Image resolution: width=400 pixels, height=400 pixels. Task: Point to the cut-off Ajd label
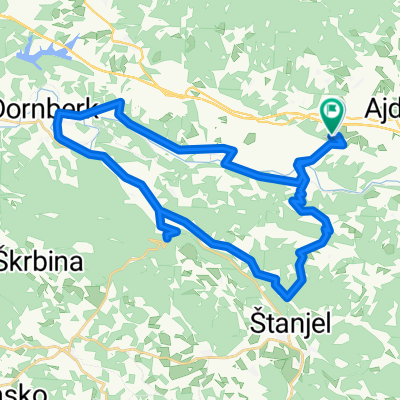coord(381,106)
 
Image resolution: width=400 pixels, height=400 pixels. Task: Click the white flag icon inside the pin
coord(331,111)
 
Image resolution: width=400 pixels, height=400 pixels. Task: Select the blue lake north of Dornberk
coord(45,50)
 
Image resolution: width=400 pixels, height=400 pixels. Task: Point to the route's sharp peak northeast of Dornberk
coord(121,102)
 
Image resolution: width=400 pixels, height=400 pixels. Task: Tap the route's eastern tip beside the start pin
coord(346,141)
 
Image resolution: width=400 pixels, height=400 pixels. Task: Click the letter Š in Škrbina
coord(9,252)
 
